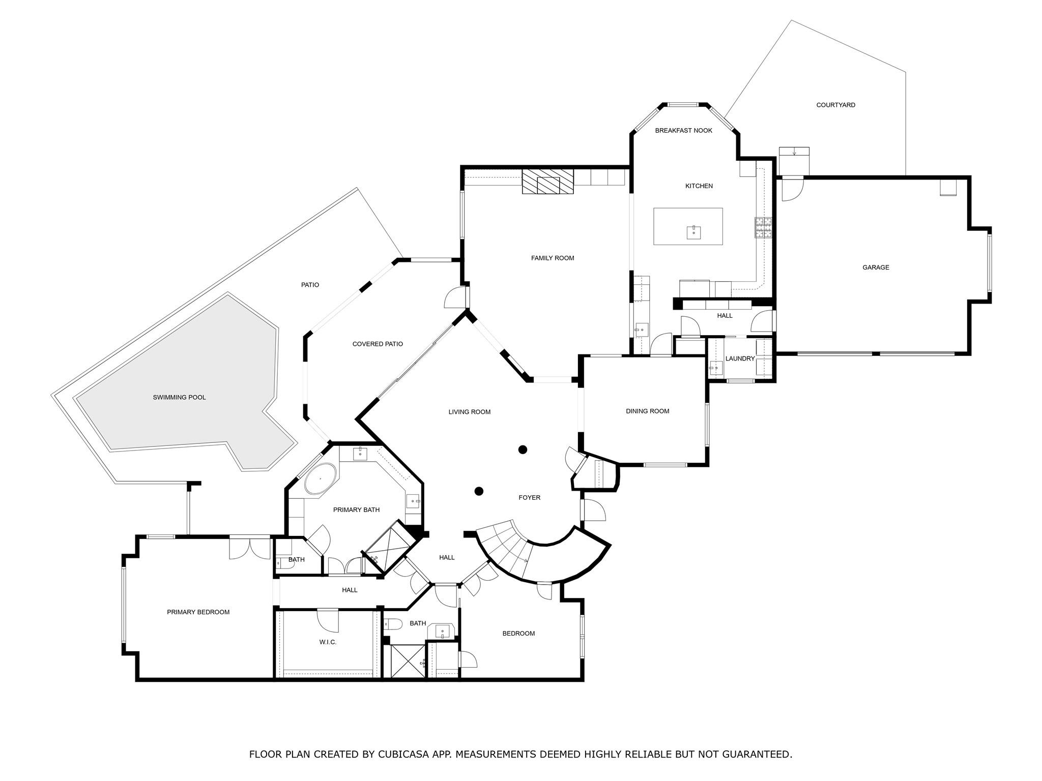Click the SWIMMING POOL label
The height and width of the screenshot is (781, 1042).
179,397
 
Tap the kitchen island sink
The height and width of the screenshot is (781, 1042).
693,232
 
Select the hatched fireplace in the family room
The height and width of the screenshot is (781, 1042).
547,182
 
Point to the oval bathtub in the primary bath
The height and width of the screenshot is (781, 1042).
321,478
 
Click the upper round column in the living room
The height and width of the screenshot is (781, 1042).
523,449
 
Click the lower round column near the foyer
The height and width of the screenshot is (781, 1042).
479,491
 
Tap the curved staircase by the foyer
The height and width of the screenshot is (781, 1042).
506,549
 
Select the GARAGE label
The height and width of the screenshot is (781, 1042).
876,267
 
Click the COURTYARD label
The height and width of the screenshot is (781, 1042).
835,105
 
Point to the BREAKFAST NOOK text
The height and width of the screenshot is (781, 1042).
683,131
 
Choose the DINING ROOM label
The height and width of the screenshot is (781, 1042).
647,411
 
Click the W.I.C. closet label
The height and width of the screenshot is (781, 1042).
328,642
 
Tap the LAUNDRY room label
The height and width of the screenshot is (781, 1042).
740,358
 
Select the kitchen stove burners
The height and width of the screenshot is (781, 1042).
763,228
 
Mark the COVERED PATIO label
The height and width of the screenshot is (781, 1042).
378,344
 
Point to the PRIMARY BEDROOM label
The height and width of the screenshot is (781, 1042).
198,612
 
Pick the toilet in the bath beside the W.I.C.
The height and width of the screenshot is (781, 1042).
392,624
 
